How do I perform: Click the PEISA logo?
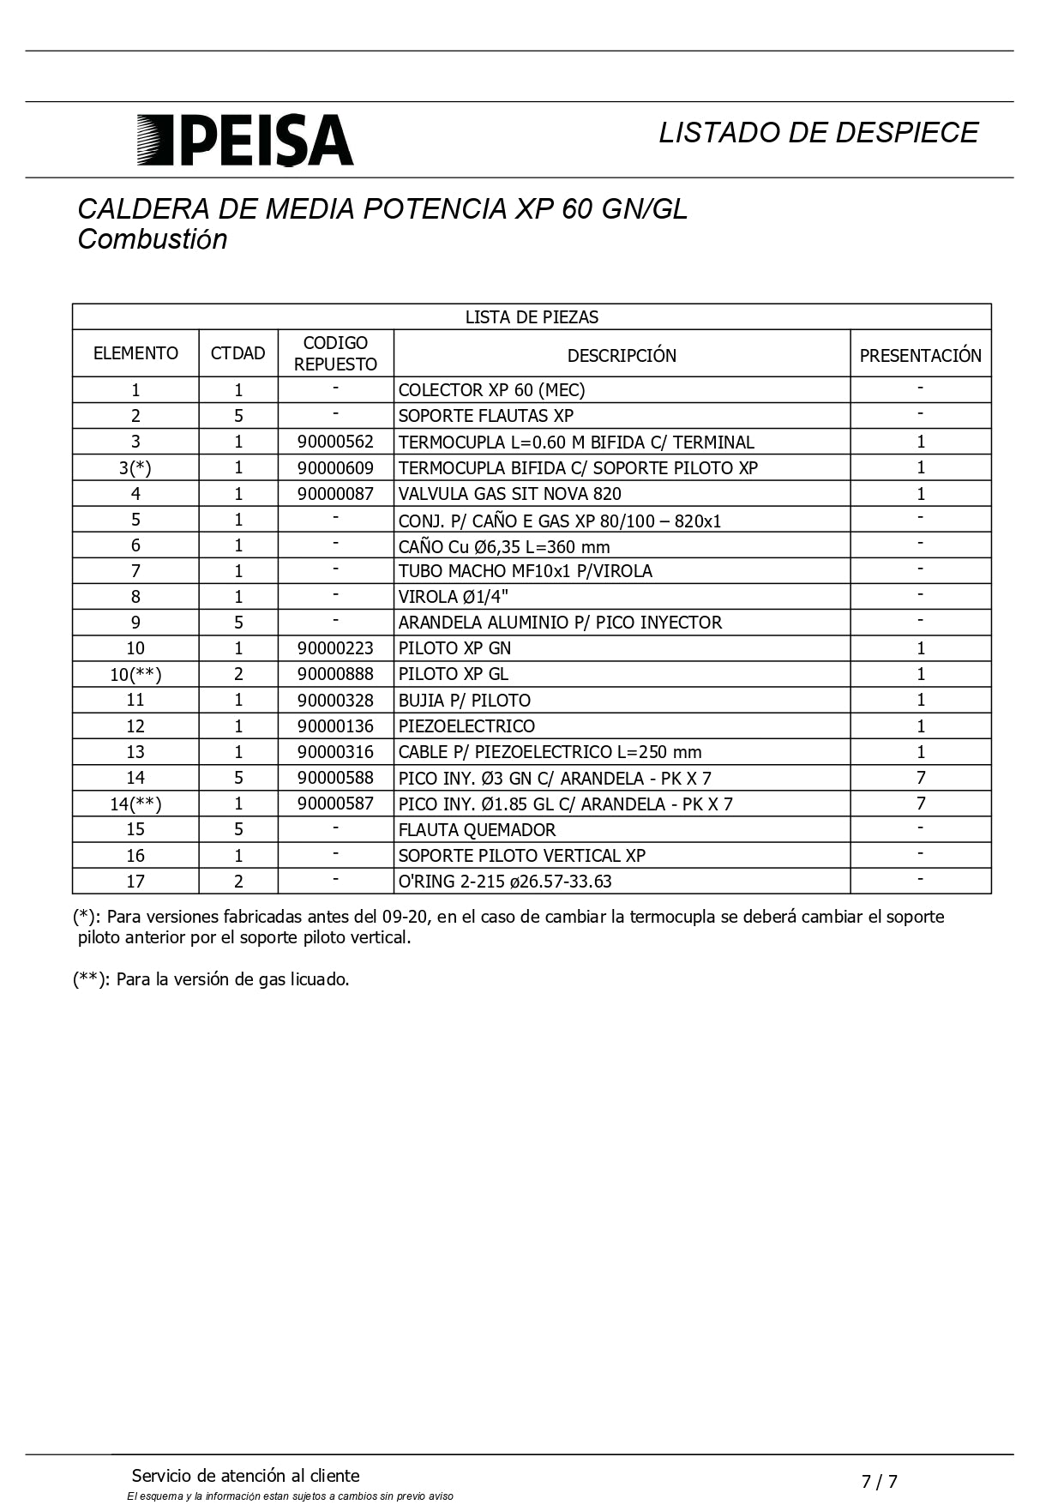point(245,140)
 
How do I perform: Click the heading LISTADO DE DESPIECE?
point(818,132)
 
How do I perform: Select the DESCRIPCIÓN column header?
point(622,355)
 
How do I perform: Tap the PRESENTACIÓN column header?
point(920,355)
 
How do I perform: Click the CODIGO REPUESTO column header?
point(335,353)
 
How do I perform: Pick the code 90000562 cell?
point(335,442)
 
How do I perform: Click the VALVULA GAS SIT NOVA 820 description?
point(510,494)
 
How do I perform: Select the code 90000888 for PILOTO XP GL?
point(335,674)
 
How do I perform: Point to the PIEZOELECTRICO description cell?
point(466,726)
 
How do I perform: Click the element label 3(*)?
point(135,468)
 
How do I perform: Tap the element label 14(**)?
point(135,804)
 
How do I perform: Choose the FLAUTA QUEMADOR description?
point(477,830)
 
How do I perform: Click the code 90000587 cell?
point(335,804)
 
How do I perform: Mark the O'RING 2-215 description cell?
point(505,882)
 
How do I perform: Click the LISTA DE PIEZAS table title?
point(532,317)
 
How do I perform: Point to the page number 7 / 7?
point(880,1481)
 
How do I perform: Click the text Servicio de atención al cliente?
point(246,1476)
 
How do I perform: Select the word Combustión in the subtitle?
point(153,239)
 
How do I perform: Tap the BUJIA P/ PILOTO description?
point(465,701)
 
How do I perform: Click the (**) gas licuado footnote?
point(211,979)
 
